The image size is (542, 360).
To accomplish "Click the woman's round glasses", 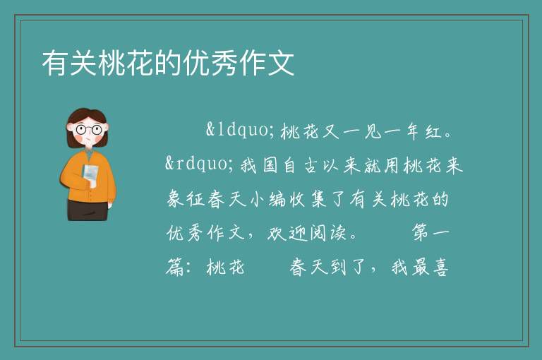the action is click(x=89, y=130).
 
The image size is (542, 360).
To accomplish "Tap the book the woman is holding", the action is click(x=90, y=175).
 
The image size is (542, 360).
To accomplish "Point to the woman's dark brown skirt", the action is click(x=88, y=210).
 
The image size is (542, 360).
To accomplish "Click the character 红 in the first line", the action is click(x=434, y=131).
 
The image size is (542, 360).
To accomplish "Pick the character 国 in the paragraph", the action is click(x=270, y=165).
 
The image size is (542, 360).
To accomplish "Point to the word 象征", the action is click(x=186, y=199).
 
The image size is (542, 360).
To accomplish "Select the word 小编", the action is click(x=268, y=199).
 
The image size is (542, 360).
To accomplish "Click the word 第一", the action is click(x=430, y=233).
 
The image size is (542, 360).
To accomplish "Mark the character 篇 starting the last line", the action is click(x=174, y=268).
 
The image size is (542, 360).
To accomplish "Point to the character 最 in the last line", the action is click(x=421, y=268).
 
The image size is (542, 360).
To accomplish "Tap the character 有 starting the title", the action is click(x=55, y=63).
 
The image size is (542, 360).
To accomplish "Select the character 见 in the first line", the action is click(x=373, y=131).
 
